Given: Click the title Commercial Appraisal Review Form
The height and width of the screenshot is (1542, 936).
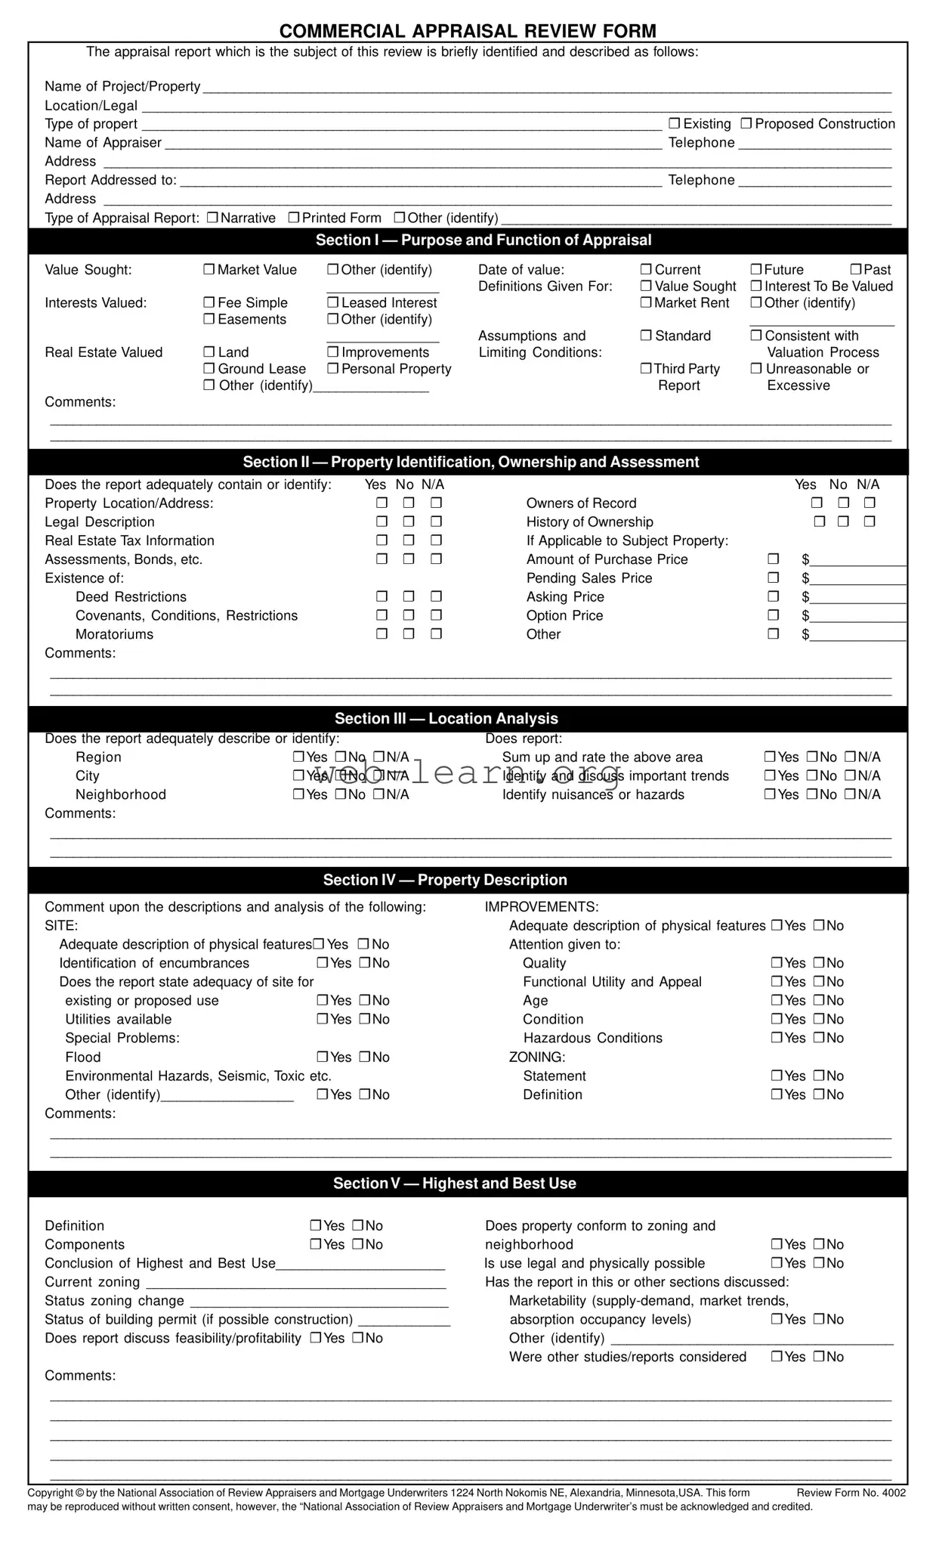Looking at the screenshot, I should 468,31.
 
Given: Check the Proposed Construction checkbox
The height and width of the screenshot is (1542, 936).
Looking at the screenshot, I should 746,123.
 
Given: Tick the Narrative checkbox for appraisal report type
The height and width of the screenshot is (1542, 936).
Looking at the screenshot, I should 212,218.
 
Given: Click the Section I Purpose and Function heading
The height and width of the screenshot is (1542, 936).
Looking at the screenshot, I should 483,240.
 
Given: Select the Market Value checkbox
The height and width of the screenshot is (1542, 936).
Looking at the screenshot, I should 209,270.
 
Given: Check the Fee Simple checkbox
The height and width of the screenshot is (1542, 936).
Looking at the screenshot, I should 209,302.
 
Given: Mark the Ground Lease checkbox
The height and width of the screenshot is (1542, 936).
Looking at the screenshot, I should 209,369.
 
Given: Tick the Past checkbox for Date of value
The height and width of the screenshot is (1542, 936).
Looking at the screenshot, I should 856,270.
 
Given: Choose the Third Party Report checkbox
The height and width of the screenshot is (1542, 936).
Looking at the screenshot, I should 646,369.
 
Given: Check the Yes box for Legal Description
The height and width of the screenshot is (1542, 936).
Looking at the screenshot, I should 382,522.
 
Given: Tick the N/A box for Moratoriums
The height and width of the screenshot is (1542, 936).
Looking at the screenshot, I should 436,634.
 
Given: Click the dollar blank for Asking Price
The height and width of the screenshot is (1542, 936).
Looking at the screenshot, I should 857,598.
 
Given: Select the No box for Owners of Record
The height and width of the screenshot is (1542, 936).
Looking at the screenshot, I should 843,503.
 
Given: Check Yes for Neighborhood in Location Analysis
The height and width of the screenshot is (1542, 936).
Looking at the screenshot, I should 299,794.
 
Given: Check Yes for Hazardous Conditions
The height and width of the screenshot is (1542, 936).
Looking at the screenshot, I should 777,1038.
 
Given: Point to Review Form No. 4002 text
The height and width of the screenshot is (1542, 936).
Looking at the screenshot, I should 851,1492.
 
